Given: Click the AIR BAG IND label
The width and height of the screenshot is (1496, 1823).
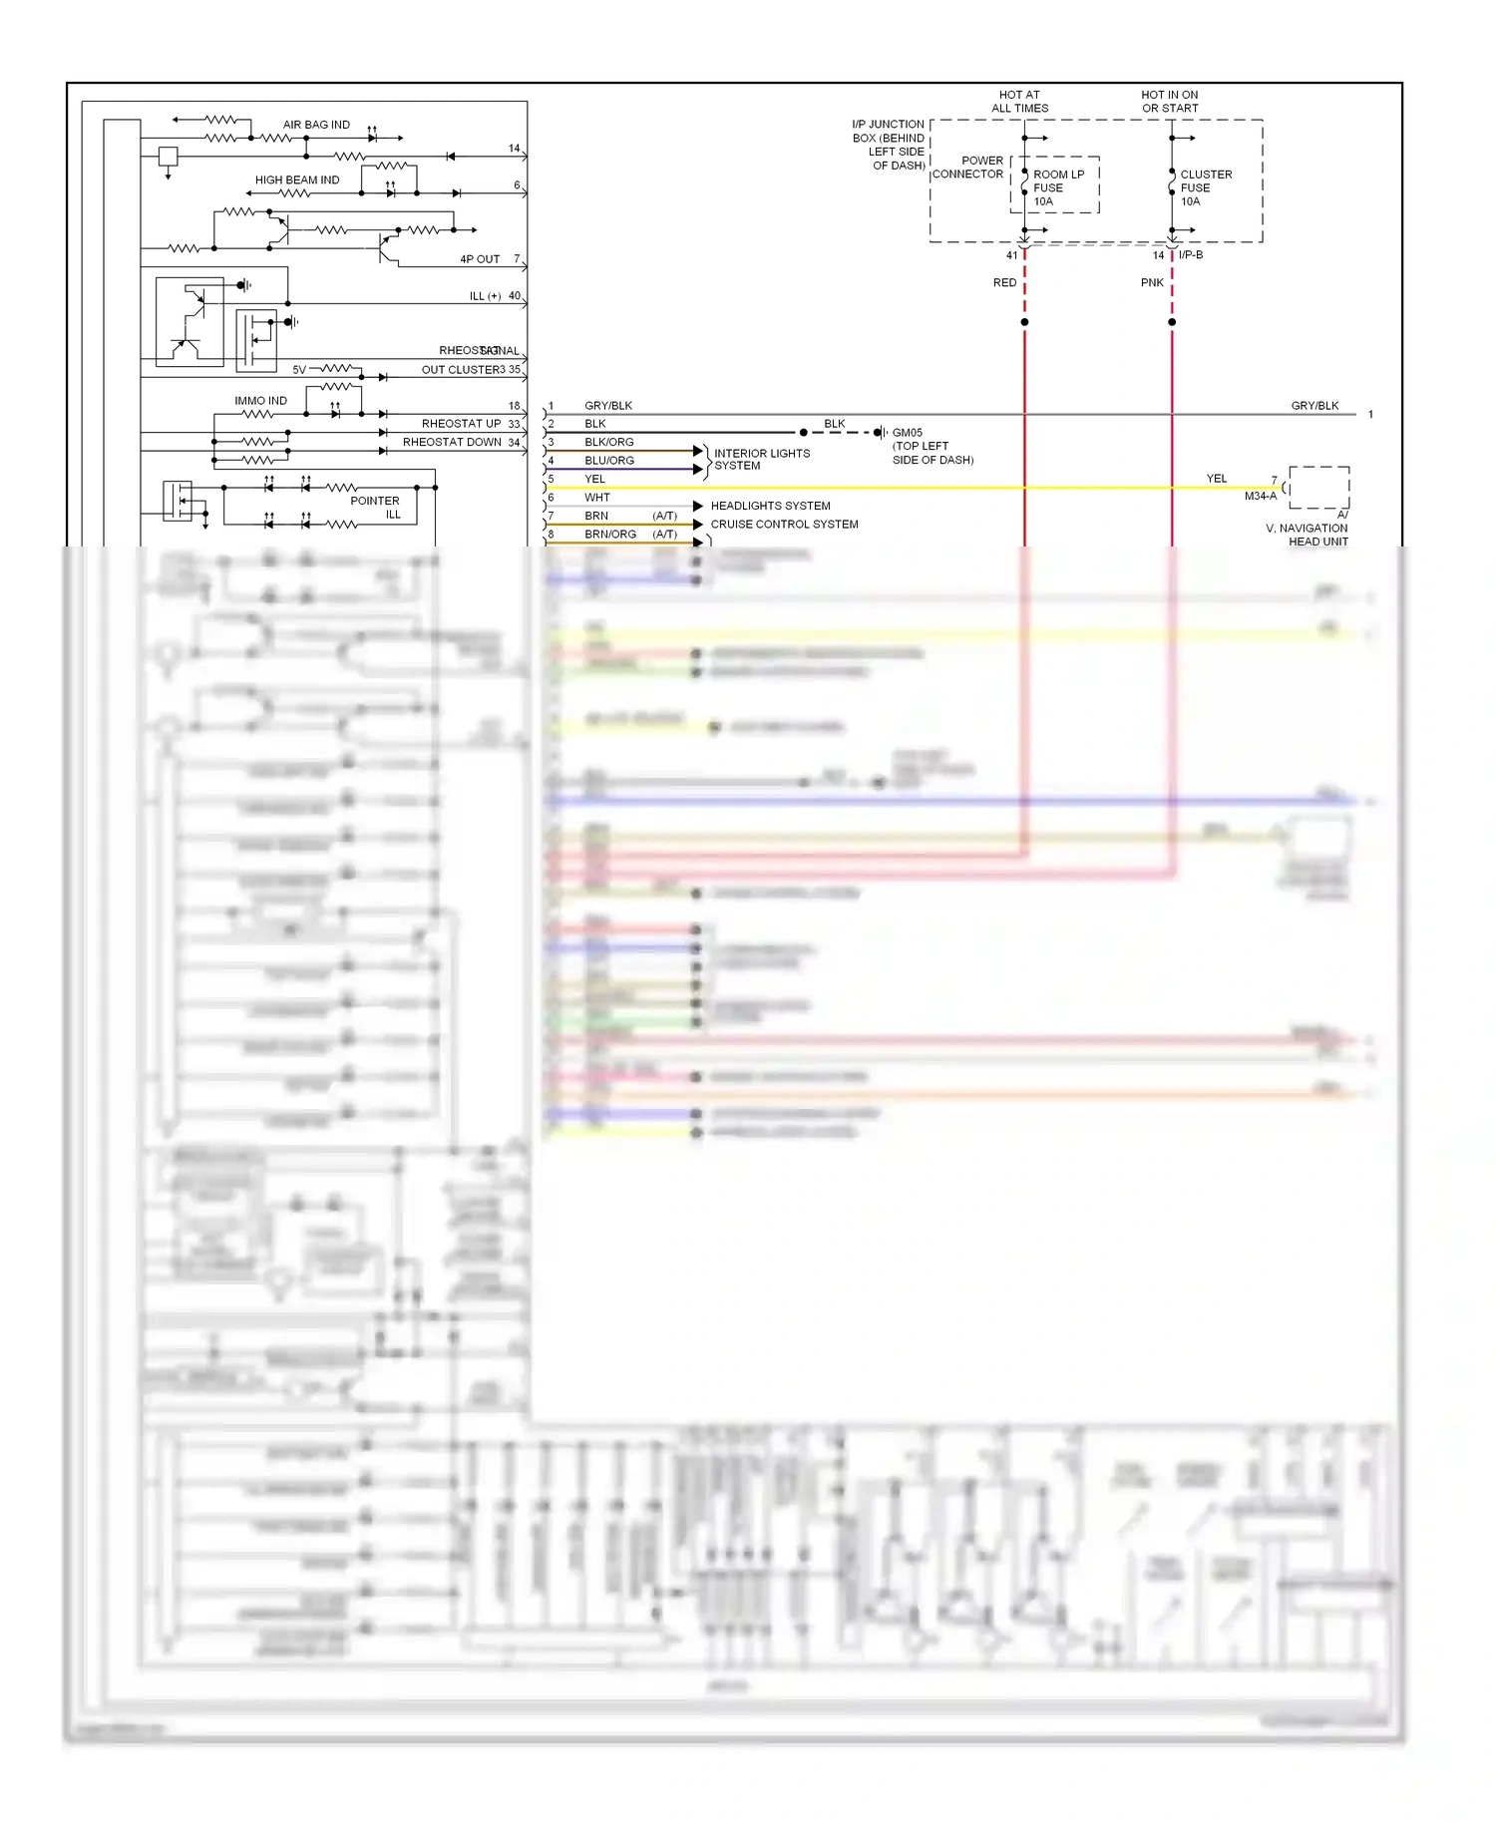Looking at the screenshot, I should (316, 125).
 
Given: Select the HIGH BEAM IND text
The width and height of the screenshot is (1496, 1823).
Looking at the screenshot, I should (296, 181).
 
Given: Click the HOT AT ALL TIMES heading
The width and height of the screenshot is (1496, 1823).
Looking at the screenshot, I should (1019, 102).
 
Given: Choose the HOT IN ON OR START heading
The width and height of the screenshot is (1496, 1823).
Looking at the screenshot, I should (1170, 102).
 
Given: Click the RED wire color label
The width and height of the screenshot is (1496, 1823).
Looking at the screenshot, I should (1004, 283).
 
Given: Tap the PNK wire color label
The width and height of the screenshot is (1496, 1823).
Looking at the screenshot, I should (1152, 283).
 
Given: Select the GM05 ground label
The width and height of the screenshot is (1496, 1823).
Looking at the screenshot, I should (907, 433).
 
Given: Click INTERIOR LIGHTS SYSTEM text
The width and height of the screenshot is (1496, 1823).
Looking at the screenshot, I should (761, 460).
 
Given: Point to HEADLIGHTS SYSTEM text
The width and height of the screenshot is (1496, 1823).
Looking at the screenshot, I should (770, 507).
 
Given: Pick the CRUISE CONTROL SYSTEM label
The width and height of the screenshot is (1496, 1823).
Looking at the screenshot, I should (784, 525).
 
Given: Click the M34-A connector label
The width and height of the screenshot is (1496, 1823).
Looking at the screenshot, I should (1260, 496).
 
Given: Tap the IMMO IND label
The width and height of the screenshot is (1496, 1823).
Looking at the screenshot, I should (260, 401).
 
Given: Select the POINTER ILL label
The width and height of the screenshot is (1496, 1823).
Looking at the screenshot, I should (376, 508).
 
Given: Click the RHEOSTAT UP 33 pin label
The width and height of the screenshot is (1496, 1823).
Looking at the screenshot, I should (470, 424).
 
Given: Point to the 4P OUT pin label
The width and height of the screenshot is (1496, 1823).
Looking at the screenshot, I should (480, 259).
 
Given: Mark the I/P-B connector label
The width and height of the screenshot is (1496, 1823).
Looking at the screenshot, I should (1191, 255).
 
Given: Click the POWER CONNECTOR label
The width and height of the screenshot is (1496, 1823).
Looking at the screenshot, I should (968, 168).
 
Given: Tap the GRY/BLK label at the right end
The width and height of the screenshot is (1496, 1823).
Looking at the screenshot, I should (1314, 406).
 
